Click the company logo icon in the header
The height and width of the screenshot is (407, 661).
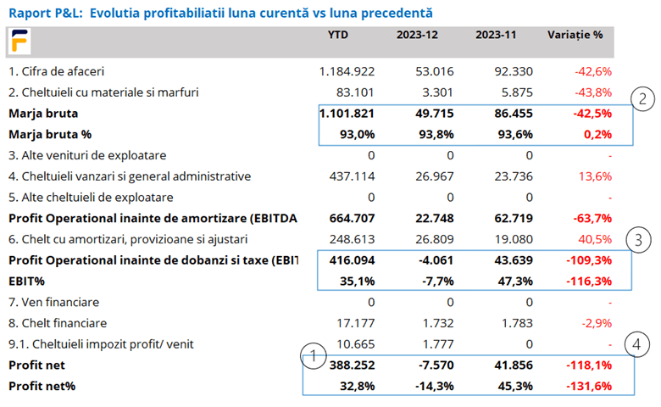click(19, 41)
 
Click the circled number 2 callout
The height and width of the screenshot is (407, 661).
click(644, 99)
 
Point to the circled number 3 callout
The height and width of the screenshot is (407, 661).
click(644, 239)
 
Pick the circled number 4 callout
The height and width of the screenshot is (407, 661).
click(644, 344)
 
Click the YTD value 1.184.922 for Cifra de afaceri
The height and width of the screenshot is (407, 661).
click(347, 71)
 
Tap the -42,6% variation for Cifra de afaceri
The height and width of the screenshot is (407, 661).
click(592, 71)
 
